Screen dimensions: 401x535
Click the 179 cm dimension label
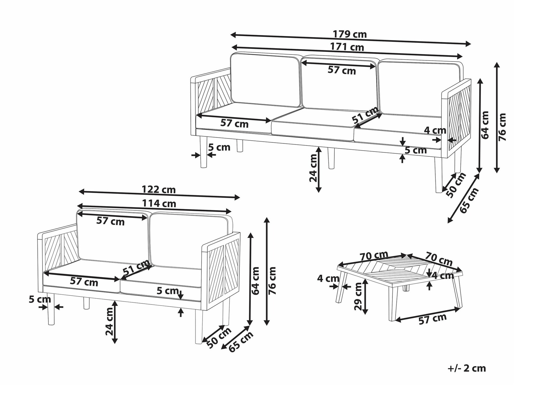350,34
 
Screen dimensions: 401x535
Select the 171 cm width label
347,47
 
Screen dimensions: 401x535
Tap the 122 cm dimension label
159,190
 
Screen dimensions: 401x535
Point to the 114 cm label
159,204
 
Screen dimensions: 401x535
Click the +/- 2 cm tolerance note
467,368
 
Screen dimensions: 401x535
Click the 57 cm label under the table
433,319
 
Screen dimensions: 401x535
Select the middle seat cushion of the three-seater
313,124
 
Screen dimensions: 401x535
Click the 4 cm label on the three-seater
435,130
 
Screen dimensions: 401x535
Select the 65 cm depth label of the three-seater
469,200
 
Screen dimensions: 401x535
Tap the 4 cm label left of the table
328,279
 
